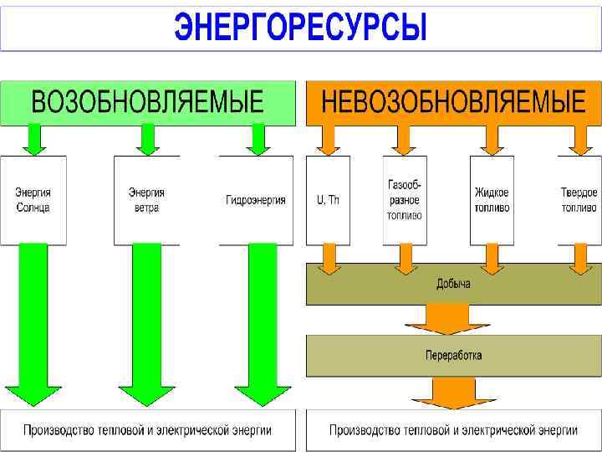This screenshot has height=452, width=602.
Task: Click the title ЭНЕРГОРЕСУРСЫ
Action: point(300,27)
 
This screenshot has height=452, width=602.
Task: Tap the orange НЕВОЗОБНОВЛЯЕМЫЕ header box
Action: point(453,102)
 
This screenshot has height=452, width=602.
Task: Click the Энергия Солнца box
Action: point(33,200)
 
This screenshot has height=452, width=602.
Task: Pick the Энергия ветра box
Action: point(146,200)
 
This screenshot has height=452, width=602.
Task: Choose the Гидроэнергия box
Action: point(256,200)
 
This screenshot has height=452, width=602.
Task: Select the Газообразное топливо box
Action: point(405,200)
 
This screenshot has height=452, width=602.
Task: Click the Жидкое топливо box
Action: point(492,200)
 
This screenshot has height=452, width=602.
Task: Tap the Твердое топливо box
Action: point(579,200)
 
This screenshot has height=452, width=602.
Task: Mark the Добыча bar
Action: point(453,284)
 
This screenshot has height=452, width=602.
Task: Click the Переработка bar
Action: point(453,355)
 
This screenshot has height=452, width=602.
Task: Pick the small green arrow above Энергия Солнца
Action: point(33,139)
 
